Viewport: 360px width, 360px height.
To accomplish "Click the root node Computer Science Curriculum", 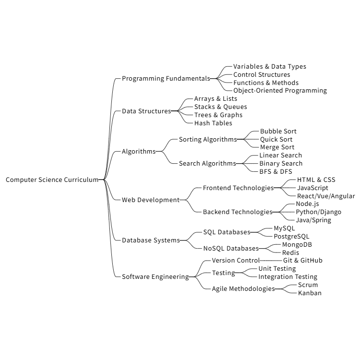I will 52,180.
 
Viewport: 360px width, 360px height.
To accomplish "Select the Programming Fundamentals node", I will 166,79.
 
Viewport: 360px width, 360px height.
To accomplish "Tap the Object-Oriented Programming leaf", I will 280,91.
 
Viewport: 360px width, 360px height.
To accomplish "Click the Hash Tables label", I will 213,123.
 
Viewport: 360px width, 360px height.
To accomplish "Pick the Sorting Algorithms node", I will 208,140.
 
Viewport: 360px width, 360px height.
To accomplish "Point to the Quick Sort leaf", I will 276,140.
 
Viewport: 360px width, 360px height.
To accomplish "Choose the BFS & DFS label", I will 276,172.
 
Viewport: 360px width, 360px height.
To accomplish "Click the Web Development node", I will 150,200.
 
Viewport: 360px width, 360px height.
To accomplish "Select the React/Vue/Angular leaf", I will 326,196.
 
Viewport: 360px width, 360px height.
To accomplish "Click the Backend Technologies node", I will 238,212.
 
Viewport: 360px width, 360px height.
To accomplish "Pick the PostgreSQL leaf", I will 291,237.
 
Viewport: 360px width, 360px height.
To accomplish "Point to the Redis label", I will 290,253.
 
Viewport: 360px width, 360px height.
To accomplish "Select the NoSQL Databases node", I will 231,249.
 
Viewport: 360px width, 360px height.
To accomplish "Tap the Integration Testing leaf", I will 288,277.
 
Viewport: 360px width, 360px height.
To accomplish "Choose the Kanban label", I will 310,293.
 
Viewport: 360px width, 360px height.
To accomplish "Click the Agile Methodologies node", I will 243,289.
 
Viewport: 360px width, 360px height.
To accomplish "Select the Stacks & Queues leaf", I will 220,107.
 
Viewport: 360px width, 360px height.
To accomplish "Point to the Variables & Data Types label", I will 269,67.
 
